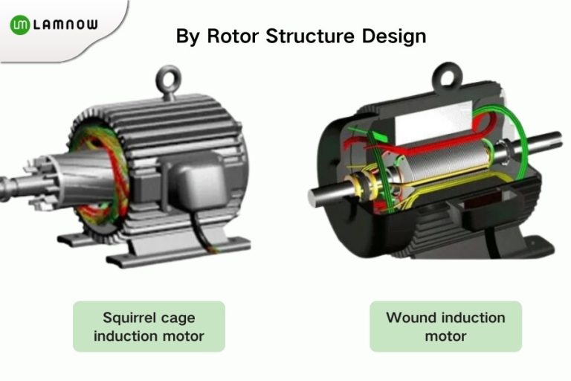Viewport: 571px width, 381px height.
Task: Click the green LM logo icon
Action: (x=20, y=25)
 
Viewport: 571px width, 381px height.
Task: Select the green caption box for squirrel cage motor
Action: (x=149, y=327)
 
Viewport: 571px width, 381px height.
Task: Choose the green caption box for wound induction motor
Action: (x=445, y=327)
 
